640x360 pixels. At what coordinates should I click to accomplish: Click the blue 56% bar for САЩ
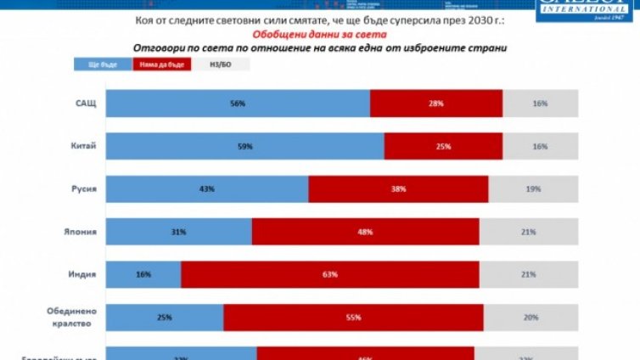(239, 103)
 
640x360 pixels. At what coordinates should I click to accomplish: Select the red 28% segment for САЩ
(436, 103)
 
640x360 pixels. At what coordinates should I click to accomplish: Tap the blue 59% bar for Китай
(246, 146)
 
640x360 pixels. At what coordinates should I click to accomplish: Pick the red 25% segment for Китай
(443, 146)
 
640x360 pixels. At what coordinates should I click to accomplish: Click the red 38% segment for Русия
(398, 188)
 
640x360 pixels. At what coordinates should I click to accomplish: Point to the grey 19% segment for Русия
(534, 188)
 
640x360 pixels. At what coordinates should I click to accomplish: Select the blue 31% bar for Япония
(179, 231)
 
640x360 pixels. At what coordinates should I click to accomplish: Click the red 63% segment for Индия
(330, 274)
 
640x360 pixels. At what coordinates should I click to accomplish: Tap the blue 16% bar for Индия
(143, 274)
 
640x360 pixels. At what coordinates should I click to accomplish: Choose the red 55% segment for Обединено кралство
(353, 317)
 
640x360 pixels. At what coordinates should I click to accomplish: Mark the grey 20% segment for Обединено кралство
(531, 317)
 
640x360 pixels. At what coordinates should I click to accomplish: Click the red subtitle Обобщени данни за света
(319, 34)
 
